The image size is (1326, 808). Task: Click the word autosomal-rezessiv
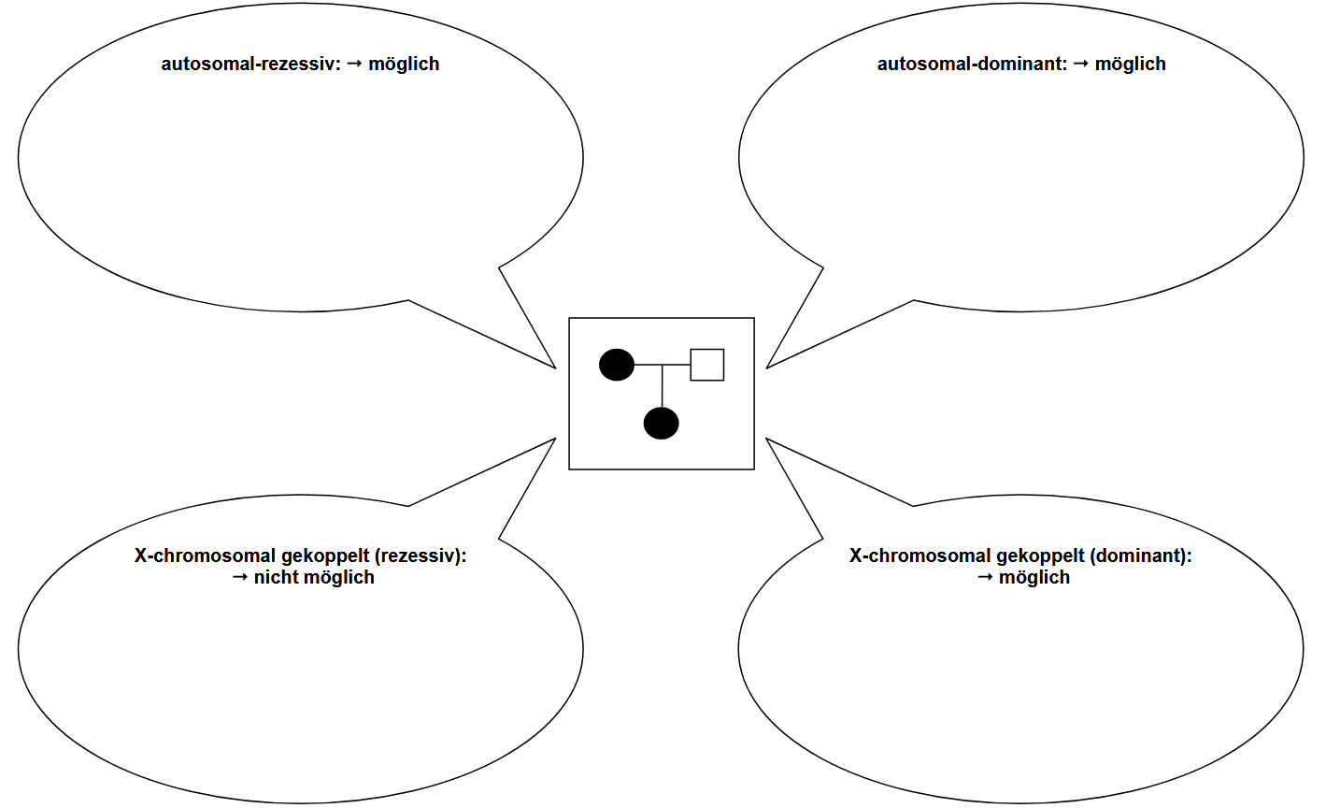tap(250, 65)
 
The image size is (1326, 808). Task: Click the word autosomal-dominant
tap(971, 65)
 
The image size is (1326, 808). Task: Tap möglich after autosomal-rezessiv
tap(404, 65)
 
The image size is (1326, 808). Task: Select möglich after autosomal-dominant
tap(1130, 65)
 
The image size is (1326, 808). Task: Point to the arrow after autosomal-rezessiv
tap(354, 64)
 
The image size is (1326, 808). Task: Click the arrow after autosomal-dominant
tap(1080, 64)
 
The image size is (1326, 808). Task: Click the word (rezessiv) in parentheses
tap(420, 555)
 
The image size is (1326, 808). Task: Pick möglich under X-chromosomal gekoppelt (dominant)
tap(1034, 578)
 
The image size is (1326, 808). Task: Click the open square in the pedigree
tap(707, 365)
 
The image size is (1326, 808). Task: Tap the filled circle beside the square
tap(617, 365)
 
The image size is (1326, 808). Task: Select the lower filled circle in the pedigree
tap(662, 424)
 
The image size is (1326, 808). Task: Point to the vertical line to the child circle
tap(662, 385)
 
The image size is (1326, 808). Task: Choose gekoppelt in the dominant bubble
tap(1040, 555)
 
